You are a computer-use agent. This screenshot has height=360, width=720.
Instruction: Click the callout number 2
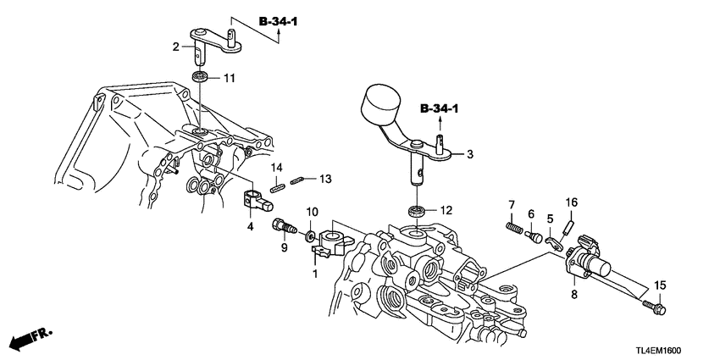176,47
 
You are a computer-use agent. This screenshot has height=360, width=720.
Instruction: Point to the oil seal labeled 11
202,78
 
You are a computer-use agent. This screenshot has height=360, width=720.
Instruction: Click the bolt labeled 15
653,304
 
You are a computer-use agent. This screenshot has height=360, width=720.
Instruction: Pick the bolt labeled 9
282,226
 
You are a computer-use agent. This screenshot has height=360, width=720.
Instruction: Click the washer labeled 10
311,234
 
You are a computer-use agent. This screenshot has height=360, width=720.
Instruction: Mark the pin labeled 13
296,179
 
